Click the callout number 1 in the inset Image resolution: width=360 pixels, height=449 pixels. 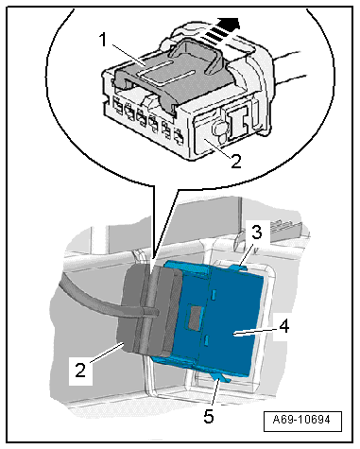tap(103, 40)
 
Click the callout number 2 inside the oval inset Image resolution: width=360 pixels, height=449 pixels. tap(235, 161)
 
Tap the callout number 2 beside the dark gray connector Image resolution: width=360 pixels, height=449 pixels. tap(80, 370)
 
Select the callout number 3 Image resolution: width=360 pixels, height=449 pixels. tap(256, 233)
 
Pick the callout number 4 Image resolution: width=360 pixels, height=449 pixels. tap(283, 326)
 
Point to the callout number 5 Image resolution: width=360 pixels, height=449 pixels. tap(209, 416)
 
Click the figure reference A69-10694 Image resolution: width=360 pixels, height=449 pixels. tap(301, 420)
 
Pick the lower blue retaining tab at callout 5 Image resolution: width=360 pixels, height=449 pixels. tap(222, 377)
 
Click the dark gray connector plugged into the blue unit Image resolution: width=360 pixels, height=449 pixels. tap(147, 311)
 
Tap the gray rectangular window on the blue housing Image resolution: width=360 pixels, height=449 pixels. tap(194, 317)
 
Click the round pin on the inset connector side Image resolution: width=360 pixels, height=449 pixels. tap(218, 130)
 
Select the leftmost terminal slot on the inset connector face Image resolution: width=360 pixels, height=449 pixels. tap(117, 106)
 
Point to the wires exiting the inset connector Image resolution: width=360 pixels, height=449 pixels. tap(290, 69)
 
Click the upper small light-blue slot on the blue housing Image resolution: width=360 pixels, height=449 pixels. tap(214, 295)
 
